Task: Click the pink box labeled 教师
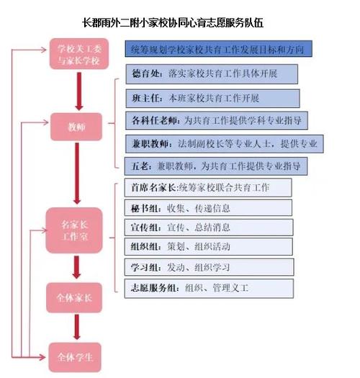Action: (x=76, y=127)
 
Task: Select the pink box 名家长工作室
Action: (x=74, y=230)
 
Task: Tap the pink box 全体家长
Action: (x=74, y=298)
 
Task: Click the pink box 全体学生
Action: (x=75, y=357)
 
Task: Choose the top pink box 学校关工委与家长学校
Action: (x=79, y=54)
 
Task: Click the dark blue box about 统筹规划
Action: (x=218, y=49)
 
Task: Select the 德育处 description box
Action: (x=212, y=73)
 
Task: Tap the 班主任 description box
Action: (x=212, y=99)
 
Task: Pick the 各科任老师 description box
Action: (x=217, y=120)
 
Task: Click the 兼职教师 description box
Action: (x=224, y=144)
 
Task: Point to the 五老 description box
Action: (x=216, y=166)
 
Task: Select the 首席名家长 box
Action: (x=208, y=187)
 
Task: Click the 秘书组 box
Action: (x=208, y=208)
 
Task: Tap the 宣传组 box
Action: (x=209, y=228)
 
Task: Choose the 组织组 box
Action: (x=209, y=247)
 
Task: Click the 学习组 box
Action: (x=210, y=267)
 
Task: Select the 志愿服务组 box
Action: (x=209, y=288)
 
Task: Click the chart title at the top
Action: (x=173, y=23)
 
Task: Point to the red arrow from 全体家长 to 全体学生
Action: (x=76, y=328)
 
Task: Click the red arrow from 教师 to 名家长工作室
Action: (x=77, y=174)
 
